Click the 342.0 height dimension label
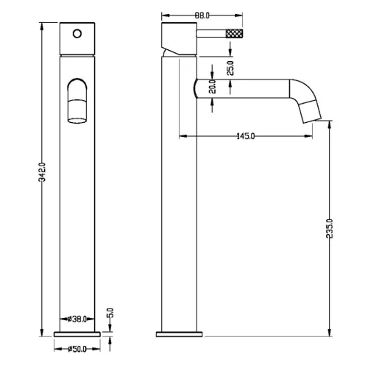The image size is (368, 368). (43, 172)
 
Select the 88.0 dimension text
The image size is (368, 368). (202, 15)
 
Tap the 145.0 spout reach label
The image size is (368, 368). (246, 136)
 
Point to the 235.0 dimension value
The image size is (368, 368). (330, 228)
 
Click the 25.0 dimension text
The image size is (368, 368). (230, 68)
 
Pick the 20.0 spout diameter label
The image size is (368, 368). (213, 87)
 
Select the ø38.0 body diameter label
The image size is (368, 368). (77, 319)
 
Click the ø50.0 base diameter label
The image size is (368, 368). (77, 349)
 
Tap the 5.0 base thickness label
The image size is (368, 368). (110, 313)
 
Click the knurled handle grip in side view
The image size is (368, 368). (234, 33)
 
